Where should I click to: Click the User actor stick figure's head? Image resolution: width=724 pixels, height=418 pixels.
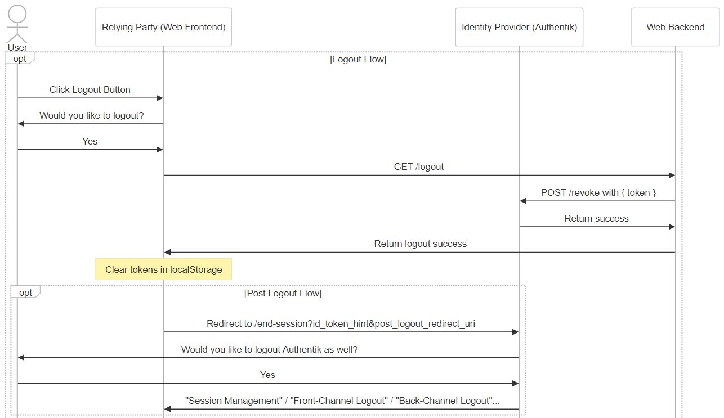pyautogui.click(x=17, y=14)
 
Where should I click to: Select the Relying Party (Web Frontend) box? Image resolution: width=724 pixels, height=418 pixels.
pyautogui.click(x=163, y=27)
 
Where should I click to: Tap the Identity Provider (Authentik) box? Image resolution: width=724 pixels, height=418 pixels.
pyautogui.click(x=519, y=27)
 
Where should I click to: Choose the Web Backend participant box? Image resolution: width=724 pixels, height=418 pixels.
pyautogui.click(x=675, y=27)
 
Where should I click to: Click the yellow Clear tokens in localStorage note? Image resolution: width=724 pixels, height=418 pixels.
pyautogui.click(x=163, y=269)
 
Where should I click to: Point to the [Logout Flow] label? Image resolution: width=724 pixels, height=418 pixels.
pyautogui.click(x=358, y=60)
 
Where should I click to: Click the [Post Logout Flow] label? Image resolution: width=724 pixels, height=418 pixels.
pyautogui.click(x=283, y=293)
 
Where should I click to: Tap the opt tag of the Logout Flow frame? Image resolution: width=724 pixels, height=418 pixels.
pyautogui.click(x=20, y=59)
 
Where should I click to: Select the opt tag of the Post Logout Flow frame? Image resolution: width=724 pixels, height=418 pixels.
pyautogui.click(x=25, y=293)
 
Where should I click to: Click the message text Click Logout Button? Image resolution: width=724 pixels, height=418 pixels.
pyautogui.click(x=90, y=89)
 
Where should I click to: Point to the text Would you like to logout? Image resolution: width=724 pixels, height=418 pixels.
pyautogui.click(x=91, y=115)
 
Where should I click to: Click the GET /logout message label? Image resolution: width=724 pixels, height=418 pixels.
pyautogui.click(x=418, y=167)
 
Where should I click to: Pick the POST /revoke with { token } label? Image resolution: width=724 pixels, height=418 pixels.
pyautogui.click(x=598, y=193)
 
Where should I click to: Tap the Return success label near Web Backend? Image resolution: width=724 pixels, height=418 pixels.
pyautogui.click(x=596, y=218)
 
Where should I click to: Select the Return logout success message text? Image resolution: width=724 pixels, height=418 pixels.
pyautogui.click(x=420, y=244)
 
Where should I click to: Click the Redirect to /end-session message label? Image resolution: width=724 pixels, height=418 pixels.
pyautogui.click(x=341, y=323)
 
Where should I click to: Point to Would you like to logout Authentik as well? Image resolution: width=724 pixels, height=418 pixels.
pyautogui.click(x=269, y=349)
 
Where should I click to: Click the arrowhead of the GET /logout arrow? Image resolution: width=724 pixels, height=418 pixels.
pyautogui.click(x=672, y=175)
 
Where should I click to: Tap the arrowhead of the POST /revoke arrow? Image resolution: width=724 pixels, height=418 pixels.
pyautogui.click(x=523, y=201)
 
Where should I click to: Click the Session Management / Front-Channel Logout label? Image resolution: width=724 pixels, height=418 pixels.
pyautogui.click(x=342, y=401)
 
